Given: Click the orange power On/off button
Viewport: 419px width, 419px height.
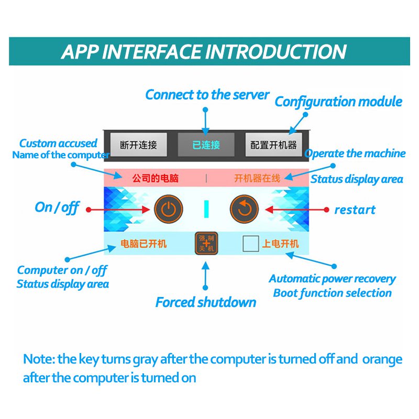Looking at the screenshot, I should (x=169, y=210).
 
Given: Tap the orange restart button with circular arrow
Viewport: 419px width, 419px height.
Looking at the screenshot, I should (x=245, y=210).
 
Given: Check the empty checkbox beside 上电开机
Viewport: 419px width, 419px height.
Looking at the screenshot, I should (x=251, y=244).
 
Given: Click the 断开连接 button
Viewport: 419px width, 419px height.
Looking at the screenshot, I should (x=138, y=145).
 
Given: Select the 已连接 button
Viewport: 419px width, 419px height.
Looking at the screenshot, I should (x=206, y=145).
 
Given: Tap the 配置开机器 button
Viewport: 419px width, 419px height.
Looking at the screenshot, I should (x=273, y=145).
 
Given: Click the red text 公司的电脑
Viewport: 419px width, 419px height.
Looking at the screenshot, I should (x=155, y=178).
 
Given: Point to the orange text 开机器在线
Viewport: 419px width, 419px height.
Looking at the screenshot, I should (x=257, y=178).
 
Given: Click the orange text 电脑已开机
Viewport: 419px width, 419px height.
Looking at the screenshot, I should (x=144, y=244).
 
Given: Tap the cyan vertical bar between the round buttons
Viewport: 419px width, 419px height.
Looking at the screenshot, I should (x=207, y=210).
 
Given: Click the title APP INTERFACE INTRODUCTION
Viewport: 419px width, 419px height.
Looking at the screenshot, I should (x=204, y=52).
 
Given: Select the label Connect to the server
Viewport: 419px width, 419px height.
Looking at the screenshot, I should (x=207, y=95).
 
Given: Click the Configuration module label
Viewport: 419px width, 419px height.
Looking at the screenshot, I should (x=338, y=102).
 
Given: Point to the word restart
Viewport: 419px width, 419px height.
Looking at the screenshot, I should (x=355, y=210).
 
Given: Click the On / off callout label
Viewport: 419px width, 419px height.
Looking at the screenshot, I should (x=57, y=207).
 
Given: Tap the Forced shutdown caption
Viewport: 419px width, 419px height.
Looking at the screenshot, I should (x=206, y=302).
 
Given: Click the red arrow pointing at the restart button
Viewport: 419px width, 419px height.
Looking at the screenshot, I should (x=296, y=210).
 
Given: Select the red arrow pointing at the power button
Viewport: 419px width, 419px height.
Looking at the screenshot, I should (x=118, y=210).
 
